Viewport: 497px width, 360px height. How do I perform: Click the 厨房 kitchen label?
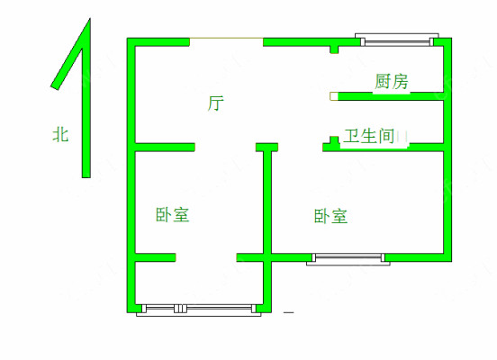click(392, 81)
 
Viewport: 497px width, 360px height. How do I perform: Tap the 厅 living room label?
click(216, 103)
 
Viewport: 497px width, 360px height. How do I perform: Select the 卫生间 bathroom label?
click(369, 136)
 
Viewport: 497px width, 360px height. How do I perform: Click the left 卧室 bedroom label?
click(173, 214)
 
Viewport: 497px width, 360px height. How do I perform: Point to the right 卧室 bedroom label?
click(331, 216)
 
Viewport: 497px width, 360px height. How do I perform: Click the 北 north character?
click(60, 134)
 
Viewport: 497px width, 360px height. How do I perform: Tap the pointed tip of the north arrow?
click(90, 19)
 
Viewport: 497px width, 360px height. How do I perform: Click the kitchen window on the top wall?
click(397, 40)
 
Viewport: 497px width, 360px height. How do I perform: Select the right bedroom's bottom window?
click(348, 259)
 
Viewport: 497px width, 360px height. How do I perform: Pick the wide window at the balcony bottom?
click(199, 310)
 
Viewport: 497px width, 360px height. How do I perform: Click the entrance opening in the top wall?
click(226, 39)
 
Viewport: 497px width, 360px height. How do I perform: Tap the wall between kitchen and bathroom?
click(391, 96)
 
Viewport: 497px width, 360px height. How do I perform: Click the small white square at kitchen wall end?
click(334, 96)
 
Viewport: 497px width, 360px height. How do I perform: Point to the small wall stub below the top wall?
click(334, 49)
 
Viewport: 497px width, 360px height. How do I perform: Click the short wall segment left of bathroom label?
click(331, 144)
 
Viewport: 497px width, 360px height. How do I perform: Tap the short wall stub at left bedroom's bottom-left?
click(155, 257)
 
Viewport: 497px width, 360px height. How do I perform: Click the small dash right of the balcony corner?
click(288, 312)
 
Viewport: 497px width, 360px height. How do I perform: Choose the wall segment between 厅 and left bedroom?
click(165, 148)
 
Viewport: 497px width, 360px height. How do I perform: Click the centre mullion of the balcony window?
click(180, 309)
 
